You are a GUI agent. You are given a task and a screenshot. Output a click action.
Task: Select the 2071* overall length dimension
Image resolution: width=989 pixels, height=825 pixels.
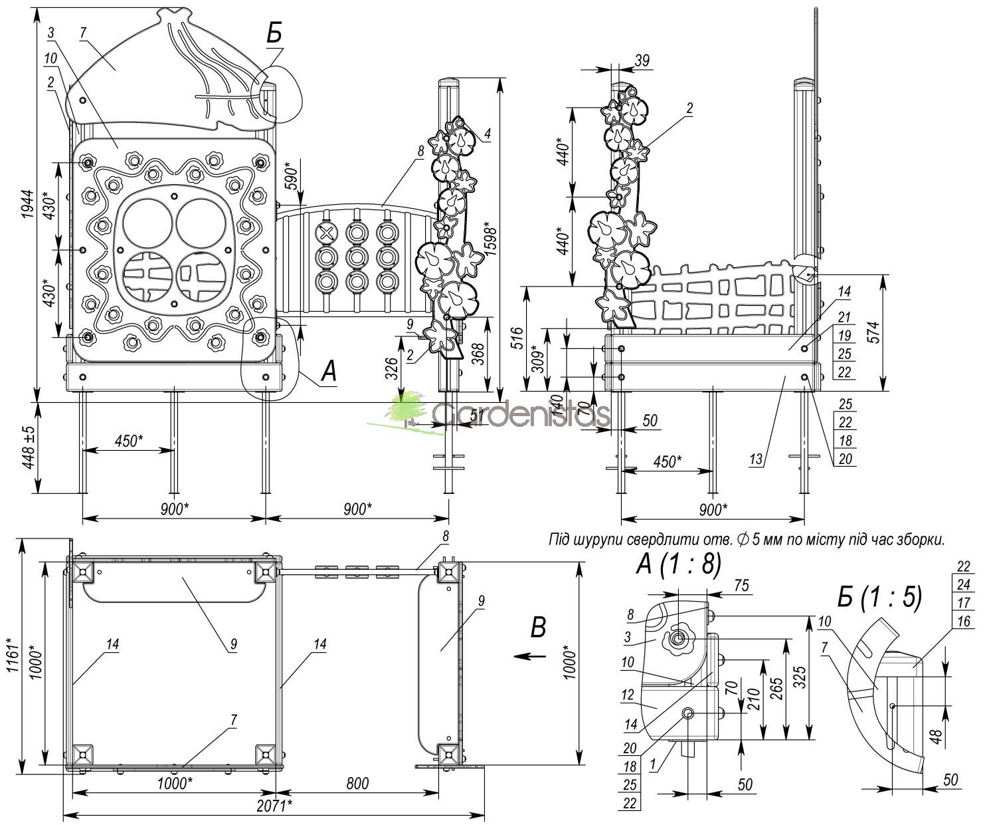point(274,806)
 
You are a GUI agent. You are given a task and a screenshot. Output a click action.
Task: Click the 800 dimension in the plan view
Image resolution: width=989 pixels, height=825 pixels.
point(357,784)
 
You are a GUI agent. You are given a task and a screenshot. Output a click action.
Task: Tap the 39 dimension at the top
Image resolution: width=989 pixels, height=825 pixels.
point(642,60)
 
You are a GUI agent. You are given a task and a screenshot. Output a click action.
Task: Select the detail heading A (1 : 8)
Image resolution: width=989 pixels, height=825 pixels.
point(678,564)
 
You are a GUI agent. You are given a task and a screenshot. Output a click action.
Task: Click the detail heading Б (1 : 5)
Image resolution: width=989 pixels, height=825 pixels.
point(879,597)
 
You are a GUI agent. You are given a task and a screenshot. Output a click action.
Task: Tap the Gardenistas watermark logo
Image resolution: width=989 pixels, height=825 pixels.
point(498,413)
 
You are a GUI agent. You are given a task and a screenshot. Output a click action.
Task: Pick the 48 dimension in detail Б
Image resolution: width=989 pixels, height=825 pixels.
point(935,737)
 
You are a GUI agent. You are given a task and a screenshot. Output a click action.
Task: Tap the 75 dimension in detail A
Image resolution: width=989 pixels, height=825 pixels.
point(743,585)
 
